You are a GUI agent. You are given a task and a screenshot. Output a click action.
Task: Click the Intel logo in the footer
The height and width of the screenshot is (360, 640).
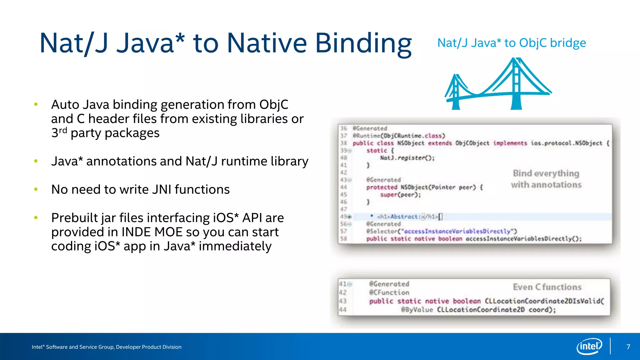[x=589, y=346]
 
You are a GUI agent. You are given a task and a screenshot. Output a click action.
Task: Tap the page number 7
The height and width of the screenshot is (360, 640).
[x=628, y=347]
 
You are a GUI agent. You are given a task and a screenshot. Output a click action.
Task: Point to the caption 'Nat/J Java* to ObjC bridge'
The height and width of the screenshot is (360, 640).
[x=512, y=43]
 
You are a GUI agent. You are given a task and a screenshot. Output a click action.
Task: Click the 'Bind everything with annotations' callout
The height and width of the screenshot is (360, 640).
[x=546, y=179]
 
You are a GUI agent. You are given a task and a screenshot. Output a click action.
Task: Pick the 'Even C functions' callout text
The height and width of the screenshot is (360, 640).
[x=547, y=287]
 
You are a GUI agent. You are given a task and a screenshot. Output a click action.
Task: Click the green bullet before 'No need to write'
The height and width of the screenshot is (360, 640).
[x=36, y=189]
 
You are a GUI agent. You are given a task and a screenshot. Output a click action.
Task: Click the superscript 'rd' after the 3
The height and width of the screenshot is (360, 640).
[x=63, y=130]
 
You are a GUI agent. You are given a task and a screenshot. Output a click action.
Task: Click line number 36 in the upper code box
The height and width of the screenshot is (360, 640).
[x=343, y=128]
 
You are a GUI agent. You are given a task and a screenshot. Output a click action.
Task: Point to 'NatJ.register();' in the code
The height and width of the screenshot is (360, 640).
[x=407, y=158]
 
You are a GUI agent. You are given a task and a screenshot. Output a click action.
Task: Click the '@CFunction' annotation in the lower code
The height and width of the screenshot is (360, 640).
[x=389, y=292]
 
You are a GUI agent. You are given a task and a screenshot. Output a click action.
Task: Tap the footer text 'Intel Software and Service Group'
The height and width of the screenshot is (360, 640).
[x=106, y=347]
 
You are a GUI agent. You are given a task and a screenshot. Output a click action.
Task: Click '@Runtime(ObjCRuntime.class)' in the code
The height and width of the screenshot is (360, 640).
[x=399, y=136]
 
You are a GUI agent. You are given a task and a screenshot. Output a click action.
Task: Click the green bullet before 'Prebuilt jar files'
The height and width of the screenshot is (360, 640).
[x=36, y=217]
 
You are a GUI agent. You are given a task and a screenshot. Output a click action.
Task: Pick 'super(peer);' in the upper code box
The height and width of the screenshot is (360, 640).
[x=400, y=195]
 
